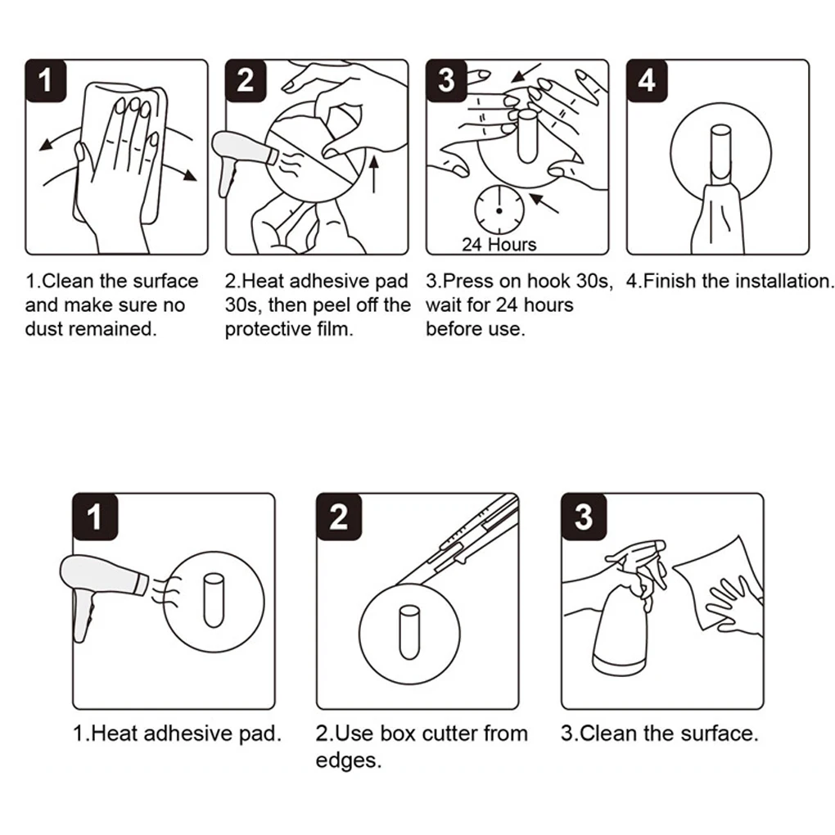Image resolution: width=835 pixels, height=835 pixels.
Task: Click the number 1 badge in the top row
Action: pos(45,80)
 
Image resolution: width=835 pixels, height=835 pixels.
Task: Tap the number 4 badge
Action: pos(647,80)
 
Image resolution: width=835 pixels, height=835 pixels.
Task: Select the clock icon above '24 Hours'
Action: pos(499,210)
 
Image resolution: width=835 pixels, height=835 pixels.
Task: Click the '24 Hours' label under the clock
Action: pos(499,244)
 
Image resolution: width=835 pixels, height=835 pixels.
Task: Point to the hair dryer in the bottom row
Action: pos(102,589)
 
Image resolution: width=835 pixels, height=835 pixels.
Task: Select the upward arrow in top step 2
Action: pos(374,175)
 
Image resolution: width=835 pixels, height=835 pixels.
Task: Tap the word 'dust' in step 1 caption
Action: pos(44,330)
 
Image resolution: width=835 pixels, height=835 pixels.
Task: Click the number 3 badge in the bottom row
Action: pos(583,517)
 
